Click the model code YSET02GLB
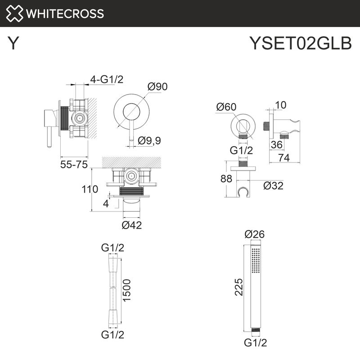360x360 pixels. pyautogui.click(x=300, y=44)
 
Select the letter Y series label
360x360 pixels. pyautogui.click(x=14, y=44)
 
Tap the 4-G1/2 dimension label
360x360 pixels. pyautogui.click(x=107, y=80)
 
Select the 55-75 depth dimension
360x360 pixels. pyautogui.click(x=74, y=165)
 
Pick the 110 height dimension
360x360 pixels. pyautogui.click(x=90, y=189)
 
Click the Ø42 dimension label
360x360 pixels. pyautogui.click(x=132, y=225)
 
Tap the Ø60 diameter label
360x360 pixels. pyautogui.click(x=226, y=107)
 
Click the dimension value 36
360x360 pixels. pyautogui.click(x=277, y=144)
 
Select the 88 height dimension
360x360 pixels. pyautogui.click(x=226, y=179)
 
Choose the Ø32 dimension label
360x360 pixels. pyautogui.click(x=273, y=185)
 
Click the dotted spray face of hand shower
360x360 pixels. pyautogui.click(x=256, y=260)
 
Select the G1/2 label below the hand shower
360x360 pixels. pyautogui.click(x=256, y=343)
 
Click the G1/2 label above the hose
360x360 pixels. pyautogui.click(x=112, y=247)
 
